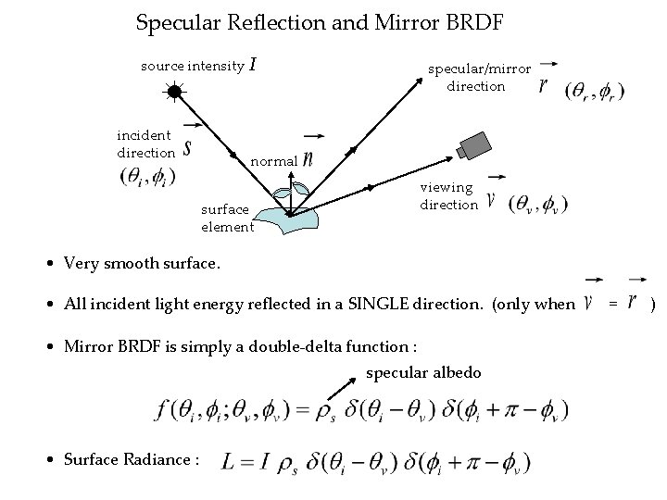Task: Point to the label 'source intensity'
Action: click(x=192, y=66)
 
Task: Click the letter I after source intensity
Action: click(x=254, y=65)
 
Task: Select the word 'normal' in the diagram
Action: click(x=273, y=161)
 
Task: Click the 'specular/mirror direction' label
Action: click(x=478, y=77)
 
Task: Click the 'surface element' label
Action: click(x=226, y=219)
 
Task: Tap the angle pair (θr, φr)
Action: click(x=594, y=93)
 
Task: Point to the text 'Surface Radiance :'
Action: click(x=132, y=460)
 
